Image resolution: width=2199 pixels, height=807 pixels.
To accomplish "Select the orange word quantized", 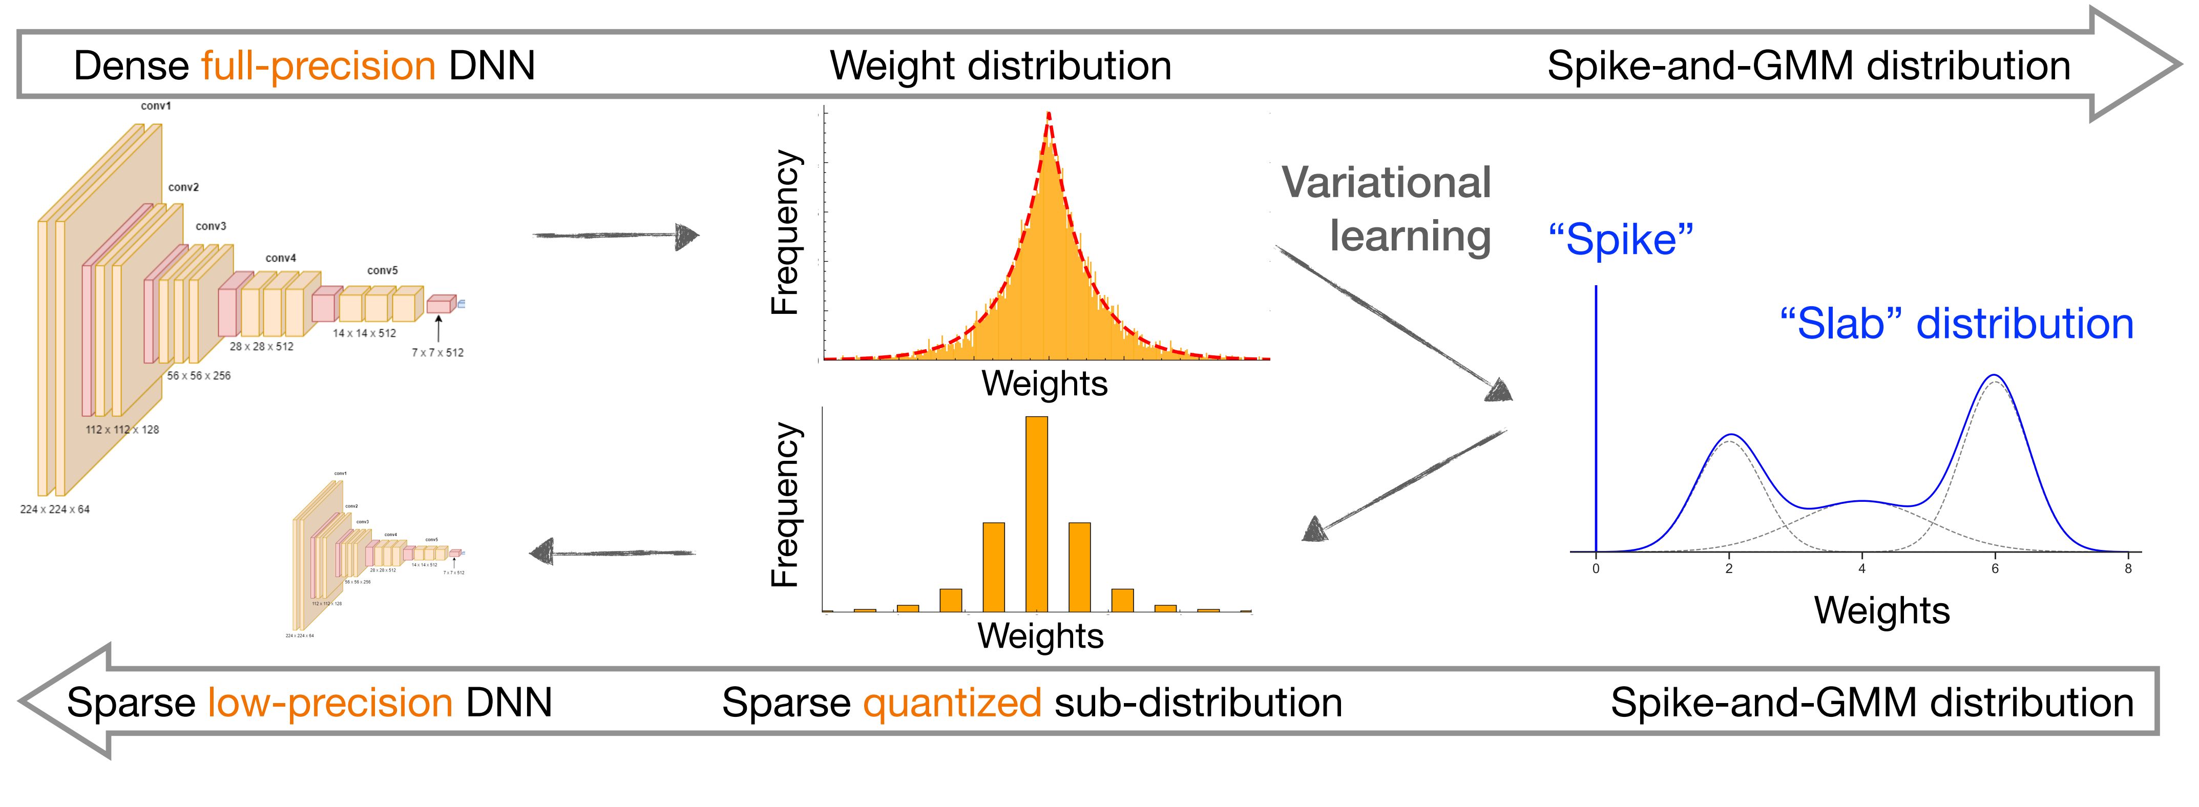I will pyautogui.click(x=952, y=703).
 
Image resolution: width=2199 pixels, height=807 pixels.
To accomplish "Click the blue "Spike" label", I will pyautogui.click(x=1620, y=240).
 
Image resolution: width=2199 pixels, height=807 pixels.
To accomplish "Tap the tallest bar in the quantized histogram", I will pyautogui.click(x=1036, y=512).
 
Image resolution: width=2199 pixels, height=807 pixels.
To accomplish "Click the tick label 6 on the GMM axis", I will pyautogui.click(x=1995, y=569).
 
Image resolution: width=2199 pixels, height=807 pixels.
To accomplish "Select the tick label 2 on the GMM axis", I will pyautogui.click(x=1729, y=569).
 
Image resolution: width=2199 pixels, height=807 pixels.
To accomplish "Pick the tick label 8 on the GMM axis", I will pyautogui.click(x=2128, y=569).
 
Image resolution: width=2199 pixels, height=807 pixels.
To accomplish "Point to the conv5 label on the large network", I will pyautogui.click(x=383, y=270).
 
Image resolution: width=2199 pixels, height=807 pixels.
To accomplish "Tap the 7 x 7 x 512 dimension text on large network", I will pyautogui.click(x=438, y=352).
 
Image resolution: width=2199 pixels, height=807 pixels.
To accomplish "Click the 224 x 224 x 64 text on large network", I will pyautogui.click(x=55, y=509).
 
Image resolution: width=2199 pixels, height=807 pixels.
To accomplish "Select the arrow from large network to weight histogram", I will pyautogui.click(x=615, y=236).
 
